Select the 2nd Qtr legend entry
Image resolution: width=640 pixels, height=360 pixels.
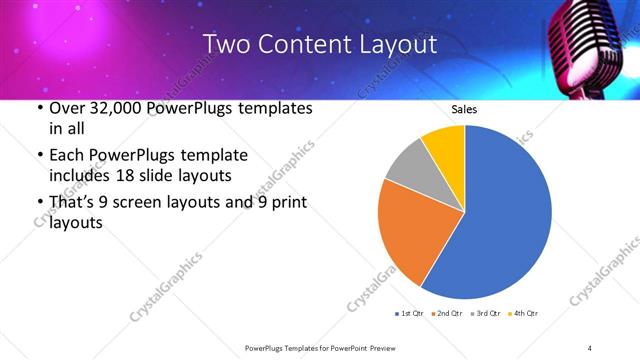(x=448, y=314)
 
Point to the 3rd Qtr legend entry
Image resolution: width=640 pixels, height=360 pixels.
(x=486, y=314)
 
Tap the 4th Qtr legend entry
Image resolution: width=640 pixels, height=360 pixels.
(x=524, y=314)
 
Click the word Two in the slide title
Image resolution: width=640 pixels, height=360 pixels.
(x=224, y=45)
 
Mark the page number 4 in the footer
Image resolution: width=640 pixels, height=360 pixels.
(x=590, y=347)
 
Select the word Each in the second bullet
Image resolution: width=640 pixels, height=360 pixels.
(x=59, y=155)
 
